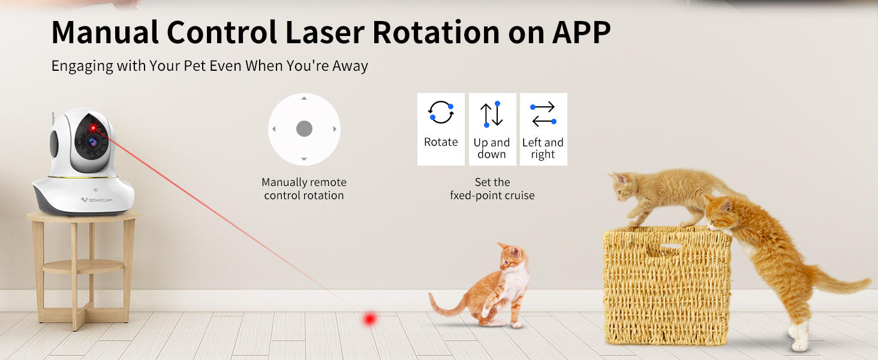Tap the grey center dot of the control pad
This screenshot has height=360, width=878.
pyautogui.click(x=304, y=128)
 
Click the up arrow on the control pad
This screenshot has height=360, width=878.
pyautogui.click(x=304, y=98)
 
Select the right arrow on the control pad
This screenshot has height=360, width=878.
pyautogui.click(x=335, y=129)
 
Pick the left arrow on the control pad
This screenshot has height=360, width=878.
pyautogui.click(x=274, y=129)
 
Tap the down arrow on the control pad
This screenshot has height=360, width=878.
pyautogui.click(x=304, y=160)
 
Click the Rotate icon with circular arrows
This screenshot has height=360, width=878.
pyautogui.click(x=441, y=113)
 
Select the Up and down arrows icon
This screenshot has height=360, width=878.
pyautogui.click(x=492, y=114)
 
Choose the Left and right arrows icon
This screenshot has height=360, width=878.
pyautogui.click(x=543, y=114)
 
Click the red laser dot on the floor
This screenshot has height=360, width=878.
pyautogui.click(x=369, y=319)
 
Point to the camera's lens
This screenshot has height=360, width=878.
pyautogui.click(x=92, y=142)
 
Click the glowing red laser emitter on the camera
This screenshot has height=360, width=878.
pyautogui.click(x=94, y=127)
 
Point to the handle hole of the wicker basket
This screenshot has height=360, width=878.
pyautogui.click(x=670, y=246)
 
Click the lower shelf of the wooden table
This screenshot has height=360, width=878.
pyautogui.click(x=83, y=266)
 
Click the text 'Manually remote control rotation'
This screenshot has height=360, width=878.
pyautogui.click(x=304, y=188)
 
